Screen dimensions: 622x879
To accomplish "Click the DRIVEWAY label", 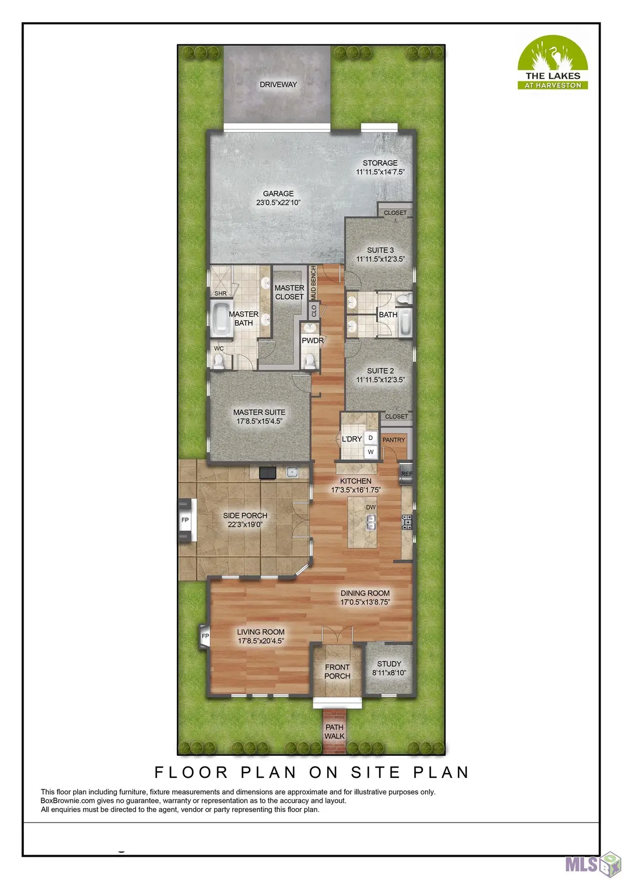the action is point(278,84).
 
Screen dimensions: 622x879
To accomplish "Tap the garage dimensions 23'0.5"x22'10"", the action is point(278,203).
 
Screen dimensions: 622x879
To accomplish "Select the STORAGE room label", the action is point(380,163).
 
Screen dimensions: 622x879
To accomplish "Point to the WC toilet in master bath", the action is point(218,362).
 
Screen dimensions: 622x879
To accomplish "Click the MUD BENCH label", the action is point(314,283).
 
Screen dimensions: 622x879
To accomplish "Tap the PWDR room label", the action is point(313,341).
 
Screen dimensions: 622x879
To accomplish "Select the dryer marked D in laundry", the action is point(370,438).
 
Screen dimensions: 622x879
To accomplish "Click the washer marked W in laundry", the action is point(370,452).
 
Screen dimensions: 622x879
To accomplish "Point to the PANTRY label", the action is point(393,440).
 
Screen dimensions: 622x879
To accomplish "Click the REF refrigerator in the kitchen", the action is point(406,474).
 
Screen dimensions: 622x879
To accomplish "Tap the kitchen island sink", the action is point(370,522).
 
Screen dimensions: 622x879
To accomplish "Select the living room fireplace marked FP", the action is point(205,636).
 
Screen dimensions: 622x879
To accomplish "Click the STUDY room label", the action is point(389,664).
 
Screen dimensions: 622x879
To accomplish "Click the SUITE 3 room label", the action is point(380,250).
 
